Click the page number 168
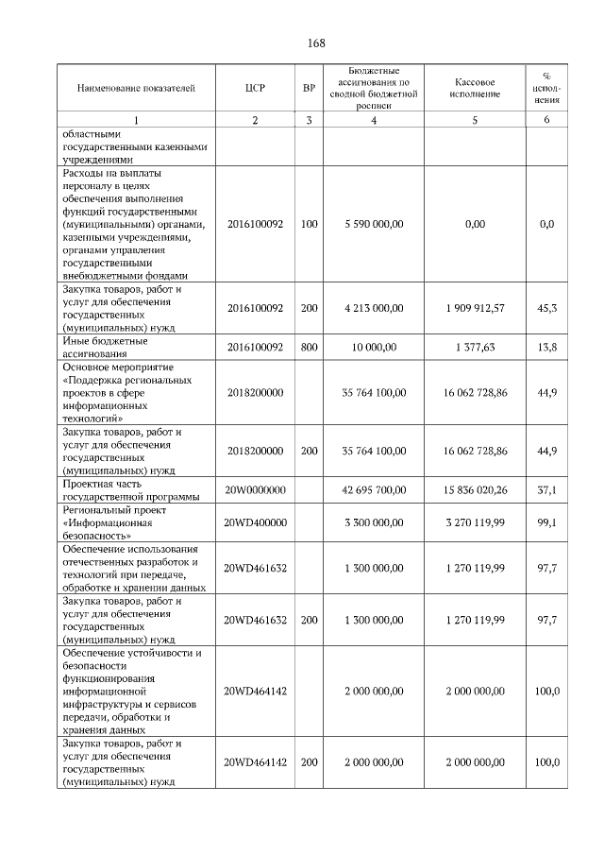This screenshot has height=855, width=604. pos(316,43)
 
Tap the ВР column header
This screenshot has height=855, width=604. pos(309,88)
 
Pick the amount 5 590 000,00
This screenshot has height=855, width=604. pos(374,224)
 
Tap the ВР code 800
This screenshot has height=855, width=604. pos(309,348)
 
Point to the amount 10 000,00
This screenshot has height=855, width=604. pos(374,348)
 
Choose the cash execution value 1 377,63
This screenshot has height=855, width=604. pos(475,348)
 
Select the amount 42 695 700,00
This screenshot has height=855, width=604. pos(374,489)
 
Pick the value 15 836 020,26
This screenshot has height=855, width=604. pos(475,489)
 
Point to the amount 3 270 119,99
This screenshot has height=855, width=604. pos(475,521)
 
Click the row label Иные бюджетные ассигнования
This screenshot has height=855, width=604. pos(105,348)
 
